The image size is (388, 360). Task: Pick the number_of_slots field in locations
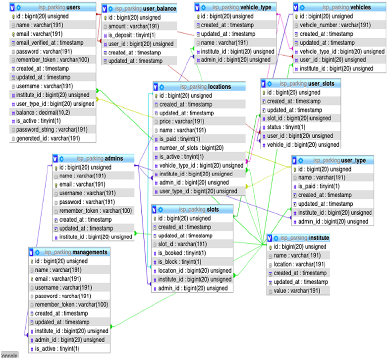pos(191,148)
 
